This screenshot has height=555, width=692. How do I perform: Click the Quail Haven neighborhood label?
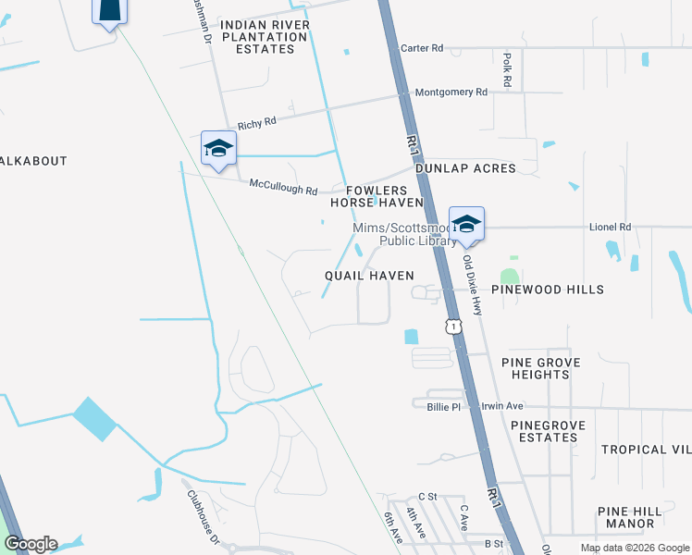pos(369,276)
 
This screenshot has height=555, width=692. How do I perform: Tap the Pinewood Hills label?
pos(547,290)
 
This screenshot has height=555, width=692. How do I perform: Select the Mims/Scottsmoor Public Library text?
pos(403,235)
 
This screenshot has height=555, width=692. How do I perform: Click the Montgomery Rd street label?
pos(451,92)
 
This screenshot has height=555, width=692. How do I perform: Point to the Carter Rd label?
pos(421,47)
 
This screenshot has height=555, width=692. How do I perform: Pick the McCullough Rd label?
pos(283,184)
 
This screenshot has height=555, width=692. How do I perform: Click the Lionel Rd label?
pos(610,227)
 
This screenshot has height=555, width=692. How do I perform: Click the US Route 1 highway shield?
pos(452,326)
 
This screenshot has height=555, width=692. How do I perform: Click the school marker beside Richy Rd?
pos(218,148)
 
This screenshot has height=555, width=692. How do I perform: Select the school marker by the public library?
pos(466,224)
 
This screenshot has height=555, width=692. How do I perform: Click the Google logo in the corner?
pos(31,544)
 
